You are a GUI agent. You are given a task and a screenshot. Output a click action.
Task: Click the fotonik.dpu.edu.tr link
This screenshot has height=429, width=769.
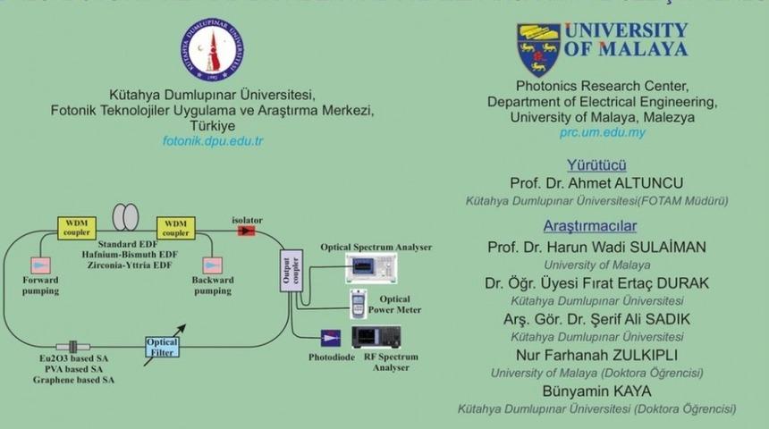213,141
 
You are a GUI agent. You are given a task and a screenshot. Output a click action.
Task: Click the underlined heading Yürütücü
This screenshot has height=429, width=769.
596,164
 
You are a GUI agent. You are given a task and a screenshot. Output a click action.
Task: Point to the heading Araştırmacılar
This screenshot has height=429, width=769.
590,225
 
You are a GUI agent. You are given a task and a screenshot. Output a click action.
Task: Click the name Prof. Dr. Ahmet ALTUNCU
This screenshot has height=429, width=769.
596,182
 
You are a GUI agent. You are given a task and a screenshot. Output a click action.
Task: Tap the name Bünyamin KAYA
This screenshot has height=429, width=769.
596,391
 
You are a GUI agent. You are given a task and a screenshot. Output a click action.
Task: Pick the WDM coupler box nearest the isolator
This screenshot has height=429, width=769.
177,228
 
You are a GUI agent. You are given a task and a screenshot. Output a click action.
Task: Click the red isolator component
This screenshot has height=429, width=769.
245,231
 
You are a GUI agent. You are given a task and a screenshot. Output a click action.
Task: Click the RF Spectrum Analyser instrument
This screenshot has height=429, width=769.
376,337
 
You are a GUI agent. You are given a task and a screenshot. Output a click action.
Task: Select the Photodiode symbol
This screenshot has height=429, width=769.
330,338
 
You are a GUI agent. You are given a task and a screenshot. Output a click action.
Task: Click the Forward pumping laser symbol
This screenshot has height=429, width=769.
42,265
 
